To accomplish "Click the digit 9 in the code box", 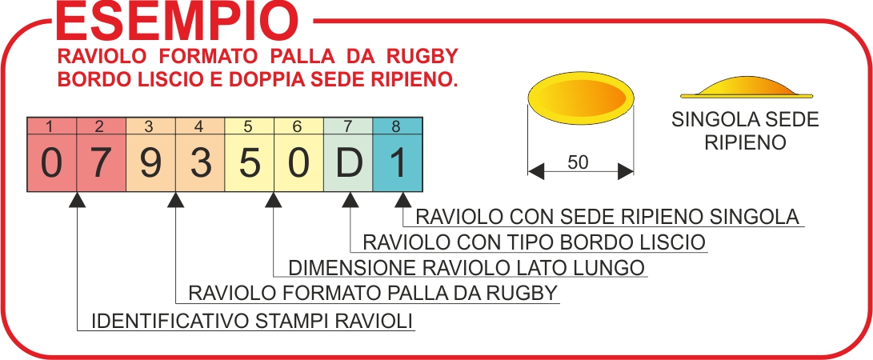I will click(x=150, y=163).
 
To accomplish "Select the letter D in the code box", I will click(x=348, y=163).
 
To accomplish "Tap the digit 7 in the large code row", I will click(x=101, y=163).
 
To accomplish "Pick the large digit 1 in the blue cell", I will click(x=398, y=163).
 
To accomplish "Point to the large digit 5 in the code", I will click(x=250, y=163).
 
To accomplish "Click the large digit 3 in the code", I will click(x=200, y=163).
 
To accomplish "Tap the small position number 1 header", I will click(x=51, y=126).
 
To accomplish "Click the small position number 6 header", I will click(x=298, y=126).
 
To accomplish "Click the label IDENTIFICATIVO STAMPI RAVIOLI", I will click(x=253, y=322).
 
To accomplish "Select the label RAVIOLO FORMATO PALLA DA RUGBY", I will click(x=371, y=293).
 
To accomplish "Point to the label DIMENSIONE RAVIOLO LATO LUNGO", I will click(x=466, y=267).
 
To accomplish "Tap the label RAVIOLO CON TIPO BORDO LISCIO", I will click(x=534, y=242).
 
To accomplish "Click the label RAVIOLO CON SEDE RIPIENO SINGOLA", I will click(x=607, y=217).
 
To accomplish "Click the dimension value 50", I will click(x=578, y=162).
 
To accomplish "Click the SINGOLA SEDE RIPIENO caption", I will click(x=745, y=132).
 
